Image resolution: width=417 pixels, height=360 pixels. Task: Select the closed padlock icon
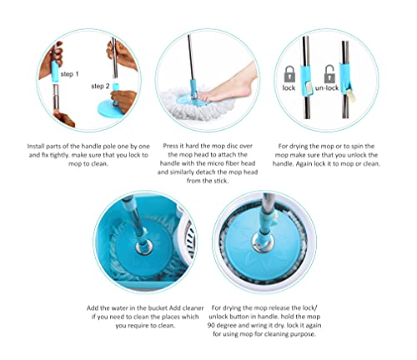[x=290, y=72]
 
